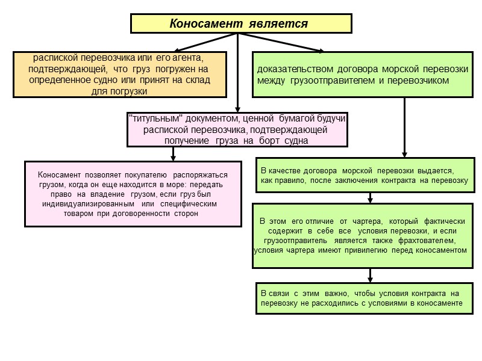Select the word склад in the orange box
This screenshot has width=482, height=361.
(x=196, y=80)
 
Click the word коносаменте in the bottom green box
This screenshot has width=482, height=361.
(x=436, y=303)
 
